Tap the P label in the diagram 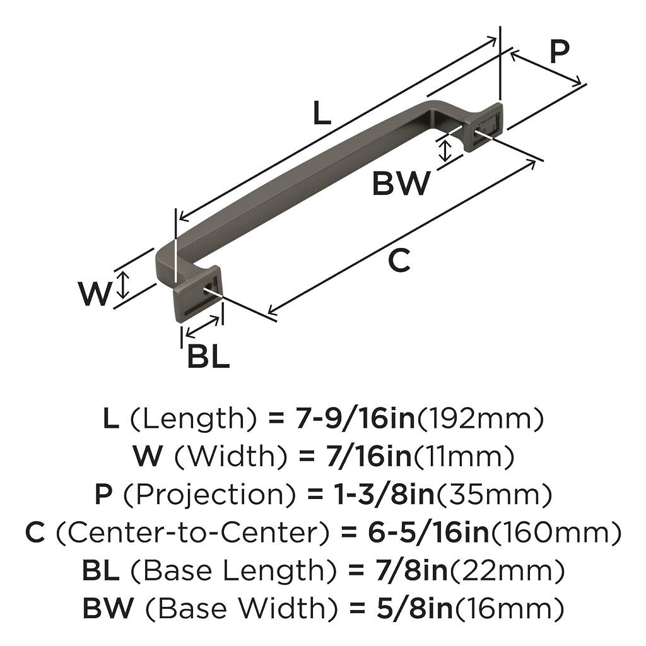pos(558,52)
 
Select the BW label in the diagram pos(401,184)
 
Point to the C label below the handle pos(399,260)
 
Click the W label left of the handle pos(95,293)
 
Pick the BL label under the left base pos(208,358)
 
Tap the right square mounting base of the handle pos(484,126)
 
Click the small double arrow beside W pos(124,285)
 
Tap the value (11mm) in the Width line pos(464,456)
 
